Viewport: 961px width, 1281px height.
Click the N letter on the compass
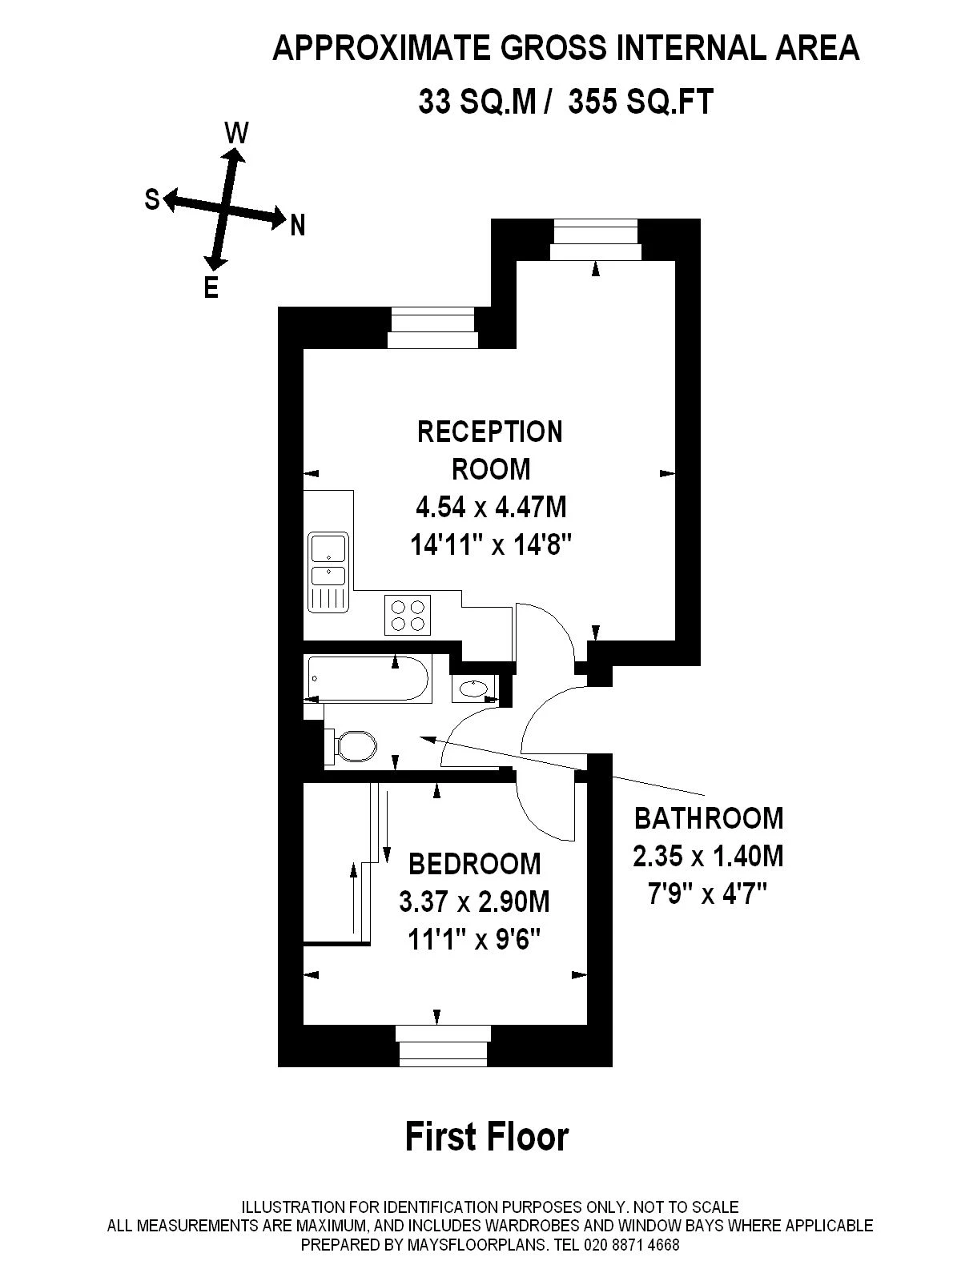(x=298, y=227)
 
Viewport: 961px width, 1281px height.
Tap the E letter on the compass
(x=211, y=287)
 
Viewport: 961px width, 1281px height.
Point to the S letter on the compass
(x=152, y=199)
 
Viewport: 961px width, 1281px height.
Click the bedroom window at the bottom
(x=443, y=1054)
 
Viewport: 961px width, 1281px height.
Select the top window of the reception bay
(x=596, y=239)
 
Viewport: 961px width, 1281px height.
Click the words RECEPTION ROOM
(x=490, y=450)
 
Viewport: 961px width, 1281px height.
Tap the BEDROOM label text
(x=475, y=864)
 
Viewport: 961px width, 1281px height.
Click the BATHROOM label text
(x=709, y=818)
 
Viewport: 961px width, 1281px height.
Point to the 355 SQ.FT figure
(x=640, y=102)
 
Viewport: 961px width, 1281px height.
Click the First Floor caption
(x=487, y=1136)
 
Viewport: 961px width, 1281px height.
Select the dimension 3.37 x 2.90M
(x=475, y=902)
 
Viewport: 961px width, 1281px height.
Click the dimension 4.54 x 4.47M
(x=491, y=507)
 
